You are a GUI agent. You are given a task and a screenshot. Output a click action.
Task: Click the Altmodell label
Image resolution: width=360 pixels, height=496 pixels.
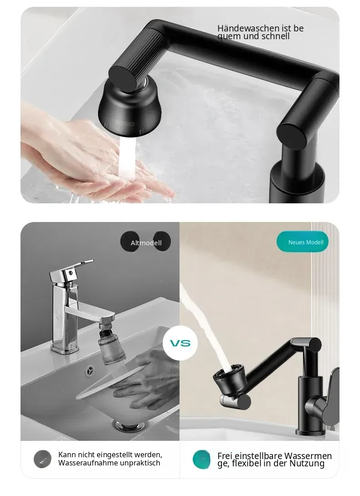point(146,243)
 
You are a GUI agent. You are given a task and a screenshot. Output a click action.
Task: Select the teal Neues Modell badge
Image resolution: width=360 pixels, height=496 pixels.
point(303,242)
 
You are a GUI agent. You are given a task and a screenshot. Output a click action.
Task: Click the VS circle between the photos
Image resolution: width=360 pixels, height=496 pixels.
point(180,343)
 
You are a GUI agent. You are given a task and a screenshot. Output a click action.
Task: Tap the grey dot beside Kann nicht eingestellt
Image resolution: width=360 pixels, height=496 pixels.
point(42,459)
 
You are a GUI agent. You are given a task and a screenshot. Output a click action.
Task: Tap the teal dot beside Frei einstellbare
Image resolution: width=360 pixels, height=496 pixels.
point(201,460)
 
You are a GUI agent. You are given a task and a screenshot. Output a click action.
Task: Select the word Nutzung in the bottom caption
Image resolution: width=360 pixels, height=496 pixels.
point(307,464)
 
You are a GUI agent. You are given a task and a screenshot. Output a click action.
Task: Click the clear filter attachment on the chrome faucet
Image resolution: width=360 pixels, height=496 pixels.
point(112,346)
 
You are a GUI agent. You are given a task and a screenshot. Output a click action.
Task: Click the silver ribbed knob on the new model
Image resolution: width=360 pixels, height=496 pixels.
point(230,400)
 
